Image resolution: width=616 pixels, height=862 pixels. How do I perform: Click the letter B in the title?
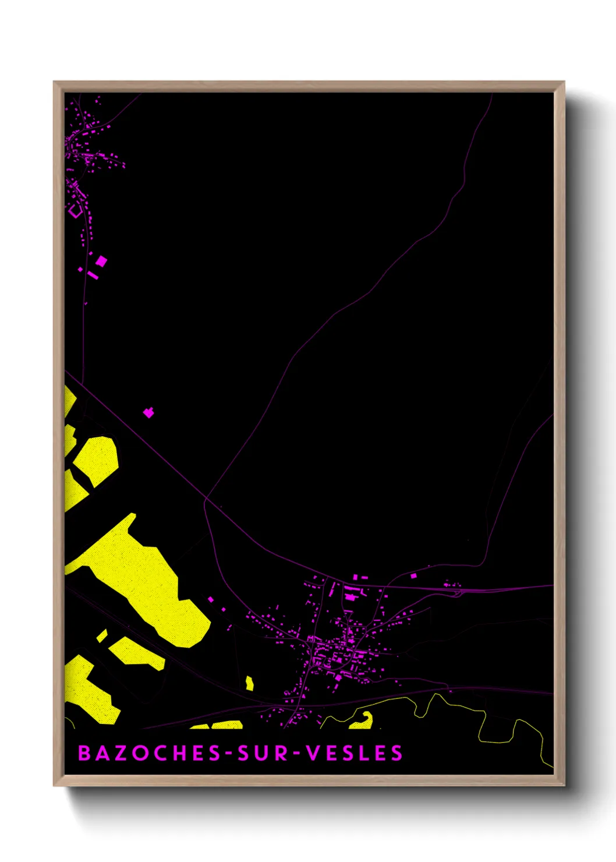(84, 753)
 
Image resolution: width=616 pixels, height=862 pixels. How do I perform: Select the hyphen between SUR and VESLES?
(296, 754)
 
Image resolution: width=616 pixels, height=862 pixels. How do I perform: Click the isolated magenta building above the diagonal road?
(149, 412)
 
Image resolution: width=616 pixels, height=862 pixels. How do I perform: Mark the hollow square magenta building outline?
(75, 211)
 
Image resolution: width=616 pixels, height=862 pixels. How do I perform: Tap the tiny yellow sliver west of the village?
(250, 683)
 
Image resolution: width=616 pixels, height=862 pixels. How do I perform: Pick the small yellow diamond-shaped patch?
(102, 635)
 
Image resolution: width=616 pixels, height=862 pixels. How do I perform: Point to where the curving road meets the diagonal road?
(206, 499)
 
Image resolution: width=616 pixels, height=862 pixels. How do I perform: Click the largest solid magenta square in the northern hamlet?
(101, 261)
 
